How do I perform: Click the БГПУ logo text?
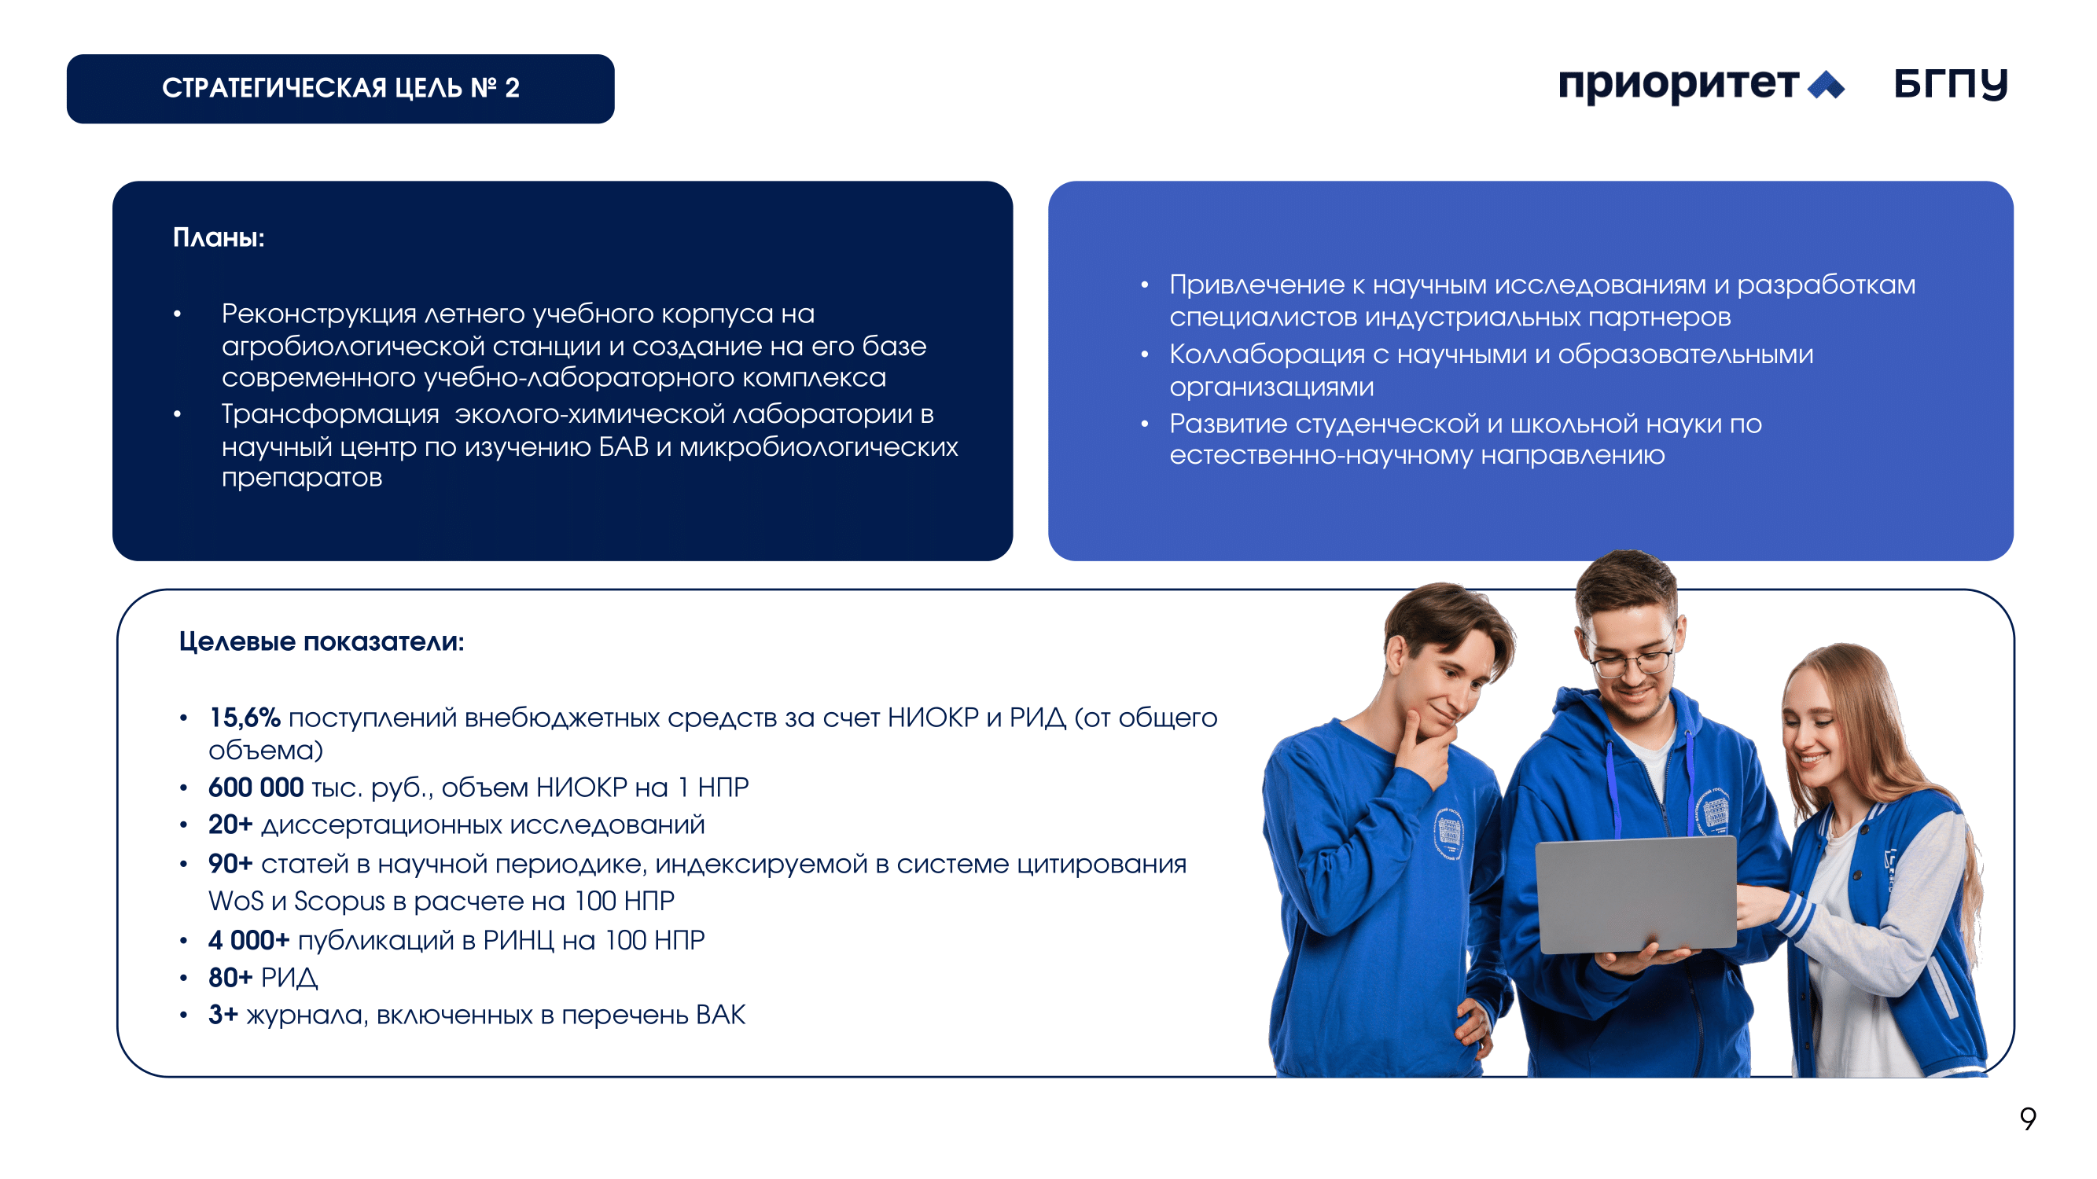point(1951,84)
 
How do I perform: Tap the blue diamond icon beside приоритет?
point(1826,85)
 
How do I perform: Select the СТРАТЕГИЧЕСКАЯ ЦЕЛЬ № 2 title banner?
point(340,89)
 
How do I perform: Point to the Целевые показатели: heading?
point(322,641)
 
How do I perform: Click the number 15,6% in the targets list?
point(245,718)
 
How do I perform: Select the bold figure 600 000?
point(256,787)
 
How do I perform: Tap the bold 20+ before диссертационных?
point(230,825)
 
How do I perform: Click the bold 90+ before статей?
point(230,863)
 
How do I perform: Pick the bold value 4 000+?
point(249,940)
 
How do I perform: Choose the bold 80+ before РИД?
point(230,977)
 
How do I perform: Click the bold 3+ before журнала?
point(223,1015)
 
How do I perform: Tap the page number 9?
point(2027,1118)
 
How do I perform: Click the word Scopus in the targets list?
point(340,902)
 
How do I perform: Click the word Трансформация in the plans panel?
point(330,415)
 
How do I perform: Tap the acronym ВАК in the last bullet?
point(720,1015)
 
